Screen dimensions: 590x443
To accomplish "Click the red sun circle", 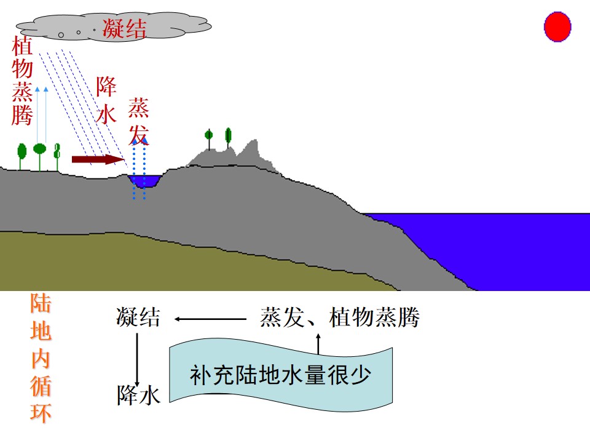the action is (x=557, y=26).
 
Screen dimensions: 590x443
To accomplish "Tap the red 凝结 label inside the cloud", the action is (x=124, y=28).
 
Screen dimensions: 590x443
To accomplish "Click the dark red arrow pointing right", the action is (x=98, y=159).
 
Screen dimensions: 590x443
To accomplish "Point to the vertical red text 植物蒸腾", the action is (x=22, y=81).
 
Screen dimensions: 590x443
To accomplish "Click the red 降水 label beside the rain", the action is (x=106, y=100).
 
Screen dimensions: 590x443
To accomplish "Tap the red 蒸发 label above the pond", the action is (x=138, y=121).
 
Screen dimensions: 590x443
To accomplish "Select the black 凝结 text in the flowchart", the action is (x=138, y=316).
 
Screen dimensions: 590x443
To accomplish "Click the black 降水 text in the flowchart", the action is (x=139, y=395).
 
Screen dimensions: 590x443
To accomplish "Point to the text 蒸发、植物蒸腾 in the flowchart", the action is (x=340, y=317).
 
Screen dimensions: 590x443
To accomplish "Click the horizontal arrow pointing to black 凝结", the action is (x=210, y=319).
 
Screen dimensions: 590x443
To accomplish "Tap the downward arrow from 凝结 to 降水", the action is (x=137, y=360).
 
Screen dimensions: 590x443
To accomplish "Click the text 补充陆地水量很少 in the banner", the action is (x=280, y=375).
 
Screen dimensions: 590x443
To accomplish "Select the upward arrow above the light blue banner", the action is (x=318, y=343).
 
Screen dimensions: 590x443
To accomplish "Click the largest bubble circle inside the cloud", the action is (x=61, y=35).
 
